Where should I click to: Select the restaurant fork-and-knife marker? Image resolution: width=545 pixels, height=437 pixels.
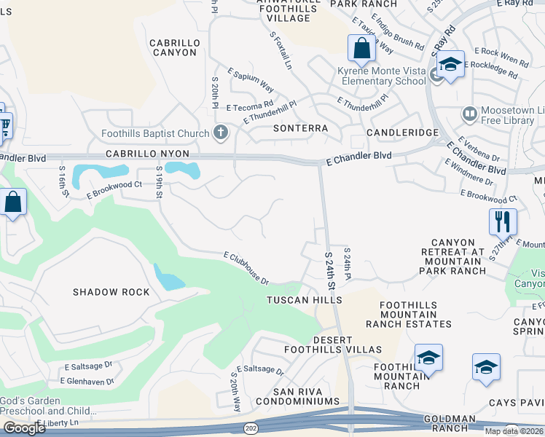(x=503, y=221)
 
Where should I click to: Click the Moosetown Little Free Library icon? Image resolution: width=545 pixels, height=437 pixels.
(x=470, y=114)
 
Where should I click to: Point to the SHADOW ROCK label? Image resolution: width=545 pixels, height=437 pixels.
(x=111, y=292)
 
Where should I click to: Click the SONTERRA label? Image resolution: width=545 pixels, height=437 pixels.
(x=300, y=128)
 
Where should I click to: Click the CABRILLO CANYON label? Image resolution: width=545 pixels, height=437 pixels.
(x=173, y=48)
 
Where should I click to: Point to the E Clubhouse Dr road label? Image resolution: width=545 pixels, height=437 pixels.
(x=246, y=268)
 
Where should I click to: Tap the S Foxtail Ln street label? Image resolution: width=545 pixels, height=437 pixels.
(x=281, y=50)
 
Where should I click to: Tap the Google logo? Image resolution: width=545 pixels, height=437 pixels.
(x=24, y=428)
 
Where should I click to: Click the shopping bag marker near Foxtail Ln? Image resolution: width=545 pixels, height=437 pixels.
(x=361, y=49)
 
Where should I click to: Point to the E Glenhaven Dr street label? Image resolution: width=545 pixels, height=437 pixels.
(x=87, y=381)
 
